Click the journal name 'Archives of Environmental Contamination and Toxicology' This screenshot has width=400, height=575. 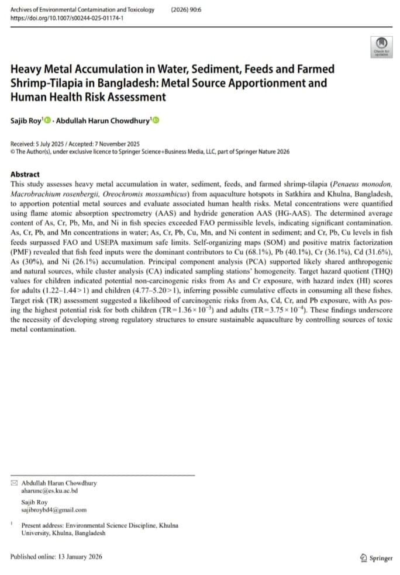pyautogui.click(x=82, y=9)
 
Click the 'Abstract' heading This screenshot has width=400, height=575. pyautogui.click(x=25, y=174)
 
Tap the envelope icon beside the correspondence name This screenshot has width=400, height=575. pyautogui.click(x=14, y=483)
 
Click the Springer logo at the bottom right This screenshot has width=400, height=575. pyautogui.click(x=377, y=558)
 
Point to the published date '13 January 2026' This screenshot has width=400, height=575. pyautogui.click(x=79, y=557)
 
